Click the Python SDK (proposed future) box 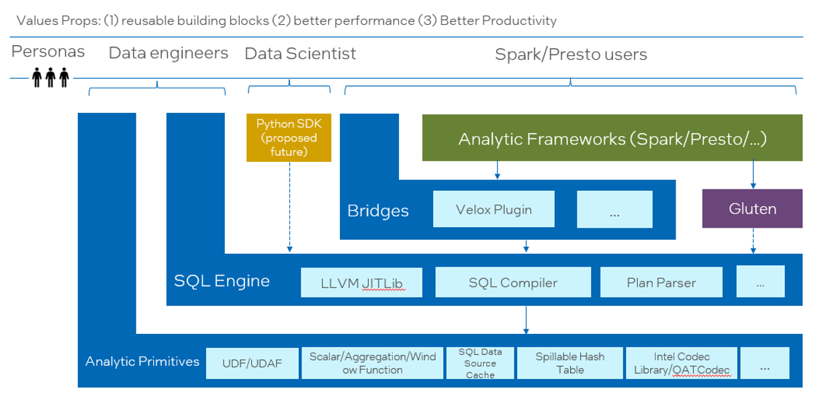click(x=289, y=138)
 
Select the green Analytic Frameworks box click(x=612, y=138)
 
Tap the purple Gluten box click(x=752, y=208)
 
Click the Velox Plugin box click(x=494, y=209)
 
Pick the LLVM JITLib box click(x=361, y=282)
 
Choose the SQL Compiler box click(x=513, y=282)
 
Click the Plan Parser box click(x=661, y=282)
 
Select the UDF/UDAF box click(x=253, y=363)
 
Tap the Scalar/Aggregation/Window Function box click(x=373, y=363)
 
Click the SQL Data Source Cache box click(x=480, y=363)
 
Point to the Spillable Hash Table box click(x=569, y=363)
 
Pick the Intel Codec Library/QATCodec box click(x=682, y=363)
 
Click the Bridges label click(x=378, y=211)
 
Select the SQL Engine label click(x=222, y=281)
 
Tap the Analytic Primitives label click(x=142, y=361)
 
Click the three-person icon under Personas click(x=50, y=77)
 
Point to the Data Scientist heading click(x=300, y=54)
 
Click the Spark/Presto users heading click(x=571, y=54)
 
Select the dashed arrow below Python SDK click(x=290, y=207)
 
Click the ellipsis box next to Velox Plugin click(x=614, y=209)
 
